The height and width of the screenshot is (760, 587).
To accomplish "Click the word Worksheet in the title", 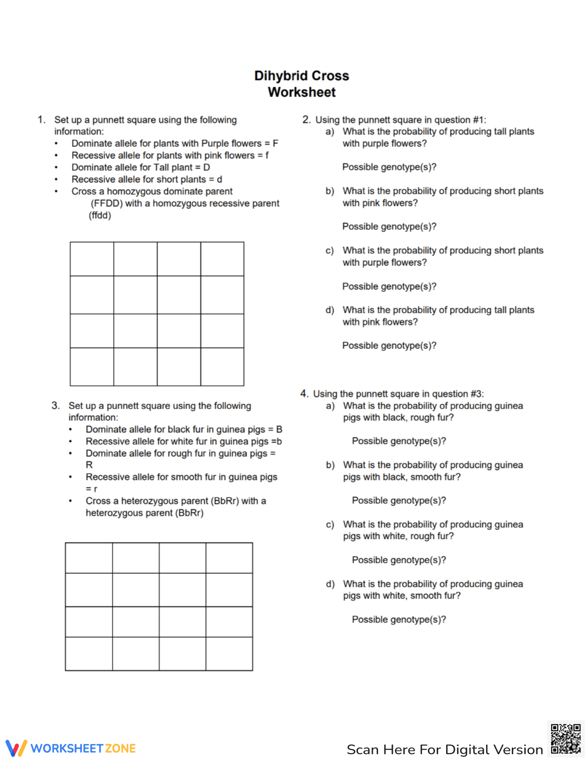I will pyautogui.click(x=302, y=92).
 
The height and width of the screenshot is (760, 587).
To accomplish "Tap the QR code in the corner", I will pyautogui.click(x=565, y=738).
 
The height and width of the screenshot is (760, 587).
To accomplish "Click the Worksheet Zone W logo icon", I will pyautogui.click(x=16, y=748).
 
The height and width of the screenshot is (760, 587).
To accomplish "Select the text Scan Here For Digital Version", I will pyautogui.click(x=444, y=749).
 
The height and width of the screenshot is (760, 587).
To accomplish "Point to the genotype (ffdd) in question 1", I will pyautogui.click(x=100, y=215).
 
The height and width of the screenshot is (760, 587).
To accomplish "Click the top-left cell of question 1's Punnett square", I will pyautogui.click(x=92, y=259).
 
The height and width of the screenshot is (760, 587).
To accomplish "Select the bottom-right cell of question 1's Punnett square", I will pyautogui.click(x=222, y=366).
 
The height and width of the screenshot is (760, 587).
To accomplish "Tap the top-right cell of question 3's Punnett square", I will pyautogui.click(x=229, y=558).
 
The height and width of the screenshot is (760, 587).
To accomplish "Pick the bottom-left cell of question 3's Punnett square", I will pyautogui.click(x=89, y=654).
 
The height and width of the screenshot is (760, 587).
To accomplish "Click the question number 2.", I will pyautogui.click(x=306, y=120).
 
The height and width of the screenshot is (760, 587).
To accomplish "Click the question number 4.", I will pyautogui.click(x=304, y=394).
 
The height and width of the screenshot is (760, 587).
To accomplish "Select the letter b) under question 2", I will pyautogui.click(x=330, y=191).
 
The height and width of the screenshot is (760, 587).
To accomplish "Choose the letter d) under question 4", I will pyautogui.click(x=330, y=584).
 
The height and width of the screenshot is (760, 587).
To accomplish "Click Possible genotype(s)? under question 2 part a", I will pyautogui.click(x=389, y=167).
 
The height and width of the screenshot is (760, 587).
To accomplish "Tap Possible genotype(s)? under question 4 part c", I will pyautogui.click(x=399, y=560).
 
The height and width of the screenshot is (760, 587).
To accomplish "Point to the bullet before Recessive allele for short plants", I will pyautogui.click(x=56, y=180).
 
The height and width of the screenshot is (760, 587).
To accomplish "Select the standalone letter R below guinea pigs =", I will pyautogui.click(x=89, y=465).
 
